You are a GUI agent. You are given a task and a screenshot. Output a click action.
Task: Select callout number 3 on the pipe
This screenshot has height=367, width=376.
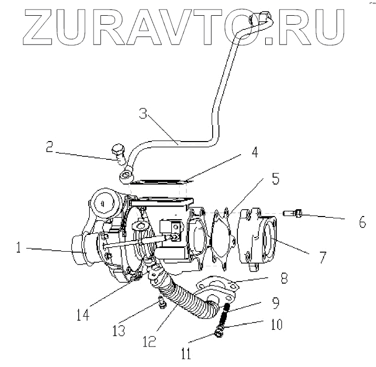(143, 114)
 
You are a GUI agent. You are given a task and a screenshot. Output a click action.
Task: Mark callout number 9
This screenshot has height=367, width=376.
(276, 302)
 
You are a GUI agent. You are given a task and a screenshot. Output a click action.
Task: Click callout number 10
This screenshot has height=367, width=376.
(275, 325)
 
